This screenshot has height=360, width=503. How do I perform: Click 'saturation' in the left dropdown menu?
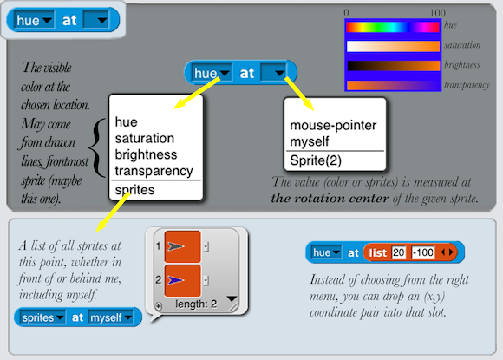pos(145,138)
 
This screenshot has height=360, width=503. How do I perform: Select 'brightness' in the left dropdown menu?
pos(146,154)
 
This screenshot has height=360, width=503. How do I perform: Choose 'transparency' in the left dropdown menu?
pos(154,171)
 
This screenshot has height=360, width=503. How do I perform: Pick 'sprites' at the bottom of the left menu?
pos(134,190)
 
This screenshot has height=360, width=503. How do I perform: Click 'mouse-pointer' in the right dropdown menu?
pos(333,126)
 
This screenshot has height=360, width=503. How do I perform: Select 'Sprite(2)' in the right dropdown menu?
pos(316,160)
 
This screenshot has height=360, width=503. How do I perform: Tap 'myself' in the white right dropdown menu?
pos(310,141)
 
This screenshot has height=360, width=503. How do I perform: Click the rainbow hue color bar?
pos(393,27)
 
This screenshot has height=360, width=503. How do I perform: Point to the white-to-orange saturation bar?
pos(393,46)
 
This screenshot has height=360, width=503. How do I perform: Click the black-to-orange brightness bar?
pos(394,65)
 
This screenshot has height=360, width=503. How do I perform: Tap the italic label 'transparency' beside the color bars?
pos(467,85)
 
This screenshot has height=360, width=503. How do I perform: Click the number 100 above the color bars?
pos(438,13)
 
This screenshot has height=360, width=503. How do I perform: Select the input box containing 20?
pos(398,252)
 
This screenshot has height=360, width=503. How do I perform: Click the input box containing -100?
pos(423,252)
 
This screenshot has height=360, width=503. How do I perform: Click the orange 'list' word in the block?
pos(378,253)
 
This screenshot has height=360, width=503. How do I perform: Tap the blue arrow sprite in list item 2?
pos(175,280)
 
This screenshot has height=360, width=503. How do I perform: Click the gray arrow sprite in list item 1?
pos(175,246)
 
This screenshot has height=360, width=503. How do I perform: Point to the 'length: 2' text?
pos(196,304)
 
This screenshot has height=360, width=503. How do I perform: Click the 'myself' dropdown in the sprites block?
pos(111,317)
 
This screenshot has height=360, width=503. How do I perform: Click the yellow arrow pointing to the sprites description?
pos(113,213)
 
